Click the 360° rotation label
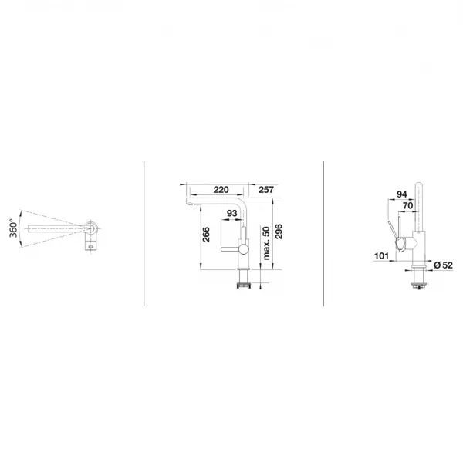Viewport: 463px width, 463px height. (x=14, y=228)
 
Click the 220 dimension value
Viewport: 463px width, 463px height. (x=221, y=190)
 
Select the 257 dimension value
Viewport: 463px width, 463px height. (x=266, y=190)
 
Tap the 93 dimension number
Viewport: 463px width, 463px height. (x=231, y=213)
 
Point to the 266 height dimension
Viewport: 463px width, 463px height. (x=206, y=235)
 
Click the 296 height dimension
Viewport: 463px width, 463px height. (x=279, y=231)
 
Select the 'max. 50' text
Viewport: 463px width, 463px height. (x=266, y=243)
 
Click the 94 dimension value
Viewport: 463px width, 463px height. (x=402, y=194)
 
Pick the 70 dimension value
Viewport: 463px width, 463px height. (x=407, y=205)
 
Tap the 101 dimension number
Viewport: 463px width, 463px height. (x=381, y=255)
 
